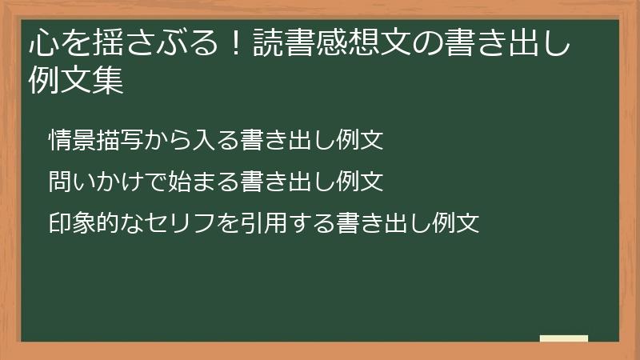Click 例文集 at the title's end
pyautogui.click(x=76, y=81)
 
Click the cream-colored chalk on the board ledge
pyautogui.click(x=563, y=338)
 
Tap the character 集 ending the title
pyautogui.click(x=109, y=81)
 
